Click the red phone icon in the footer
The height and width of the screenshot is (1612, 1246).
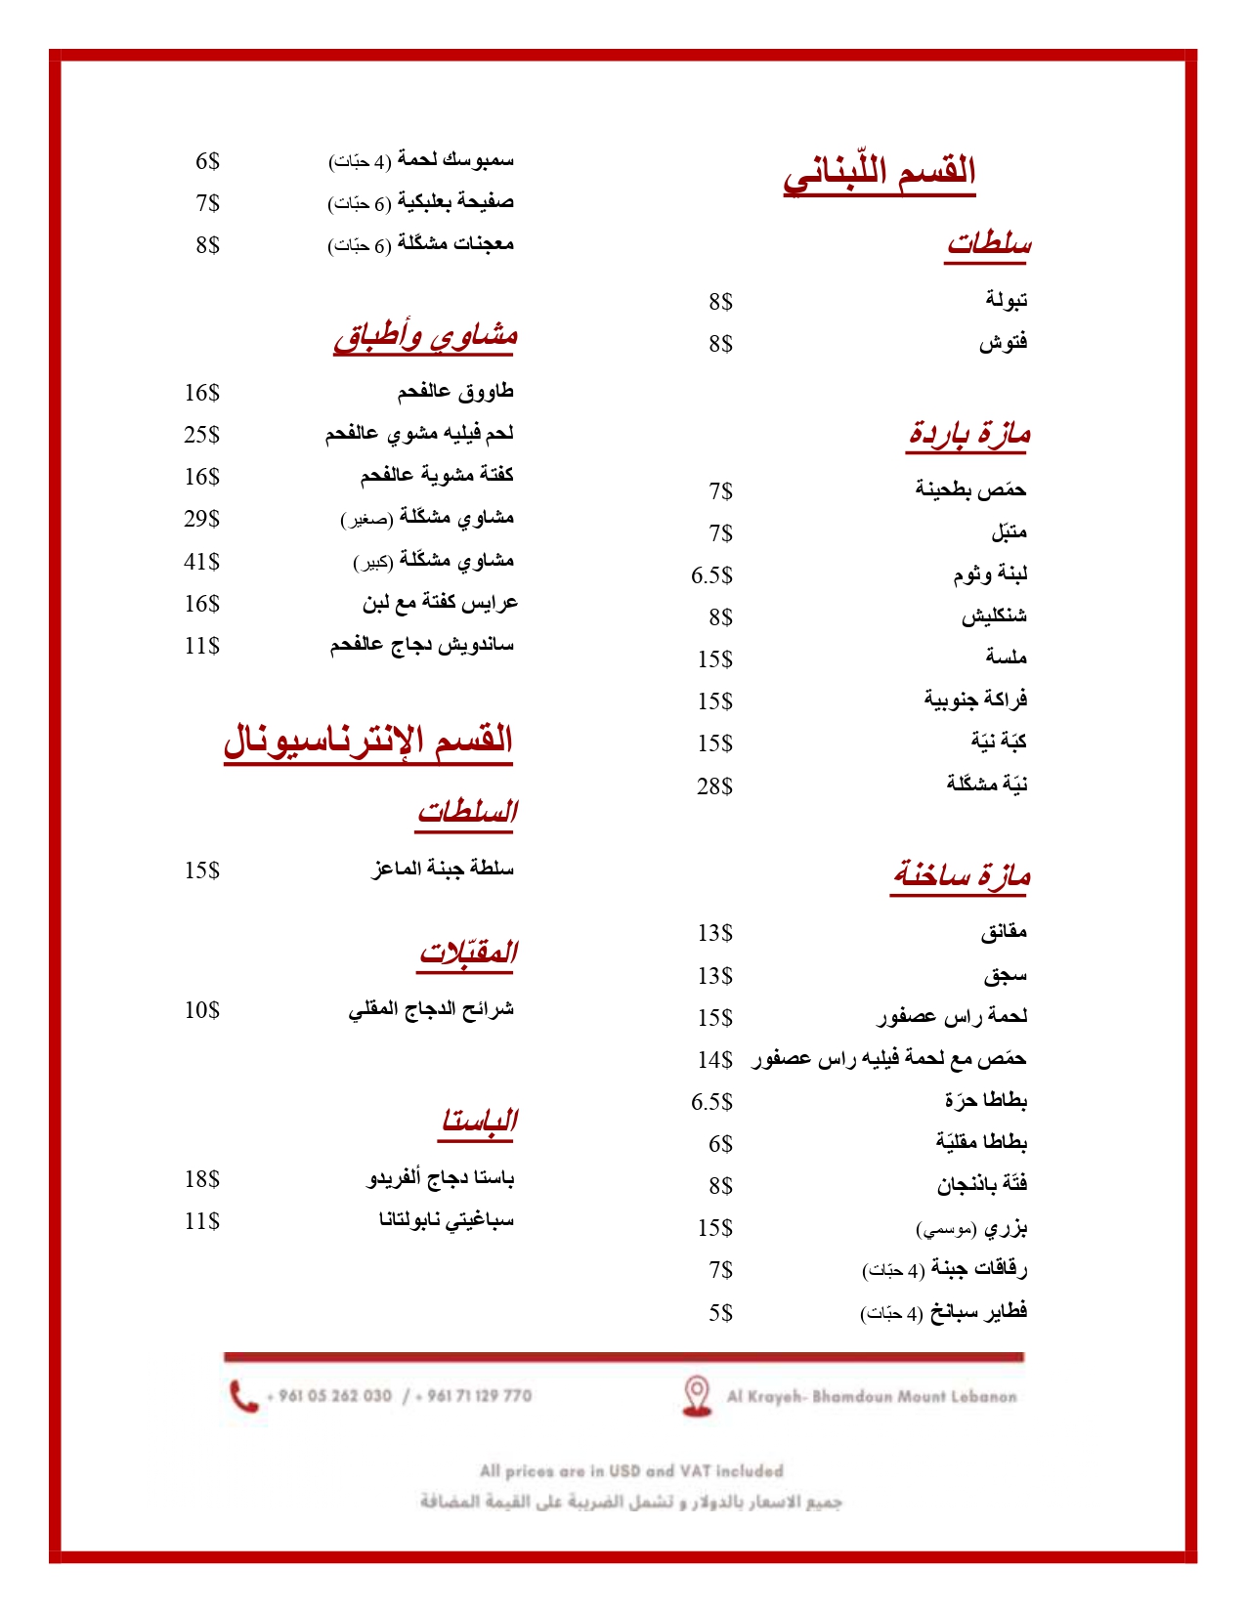242,1396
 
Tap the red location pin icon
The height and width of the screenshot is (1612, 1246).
696,1395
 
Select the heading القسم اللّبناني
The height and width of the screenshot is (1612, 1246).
880,172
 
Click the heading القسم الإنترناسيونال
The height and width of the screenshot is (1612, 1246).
368,740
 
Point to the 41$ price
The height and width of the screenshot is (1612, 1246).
202,562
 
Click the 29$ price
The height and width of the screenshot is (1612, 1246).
202,519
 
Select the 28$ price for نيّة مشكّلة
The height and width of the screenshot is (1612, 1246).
714,786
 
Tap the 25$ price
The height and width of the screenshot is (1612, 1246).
202,435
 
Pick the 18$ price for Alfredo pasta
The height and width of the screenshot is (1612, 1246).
202,1179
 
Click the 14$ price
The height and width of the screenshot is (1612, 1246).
714,1060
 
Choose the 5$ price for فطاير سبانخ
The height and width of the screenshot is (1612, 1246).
720,1313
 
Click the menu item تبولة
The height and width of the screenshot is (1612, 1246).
1006,300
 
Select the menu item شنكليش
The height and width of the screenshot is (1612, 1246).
994,616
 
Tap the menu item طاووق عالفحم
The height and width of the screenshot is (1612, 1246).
455,392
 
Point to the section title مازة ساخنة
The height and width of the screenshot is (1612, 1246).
962,875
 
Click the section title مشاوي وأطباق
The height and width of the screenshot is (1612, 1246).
425,336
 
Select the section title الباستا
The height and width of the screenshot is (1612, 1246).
479,1121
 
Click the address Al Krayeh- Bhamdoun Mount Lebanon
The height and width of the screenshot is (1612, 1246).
871,1397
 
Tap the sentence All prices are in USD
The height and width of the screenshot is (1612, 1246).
631,1471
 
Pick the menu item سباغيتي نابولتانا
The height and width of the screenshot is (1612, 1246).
447,1220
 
